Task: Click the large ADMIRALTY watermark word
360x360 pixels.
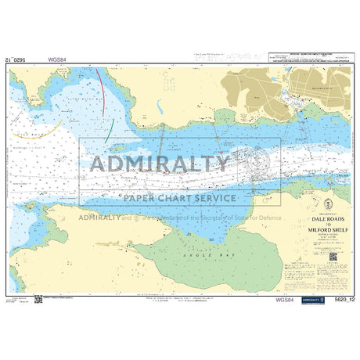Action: [161, 164]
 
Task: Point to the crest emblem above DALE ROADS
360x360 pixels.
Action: [324, 212]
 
